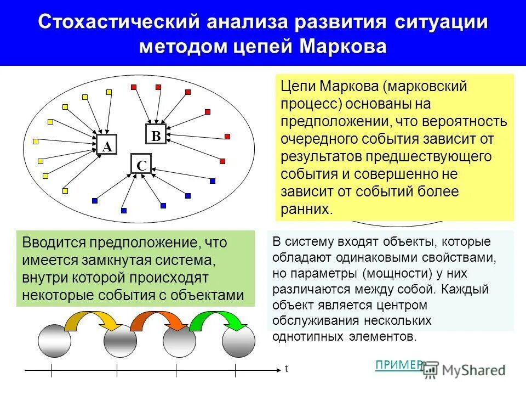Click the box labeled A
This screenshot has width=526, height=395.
(x=107, y=145)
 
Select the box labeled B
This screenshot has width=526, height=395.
(x=156, y=135)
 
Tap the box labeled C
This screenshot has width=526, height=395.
(x=141, y=164)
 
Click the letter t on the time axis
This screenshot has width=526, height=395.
(x=285, y=369)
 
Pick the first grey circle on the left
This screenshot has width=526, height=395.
(x=54, y=341)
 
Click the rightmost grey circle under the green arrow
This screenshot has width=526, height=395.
(x=238, y=341)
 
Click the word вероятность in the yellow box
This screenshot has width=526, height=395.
(x=473, y=121)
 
